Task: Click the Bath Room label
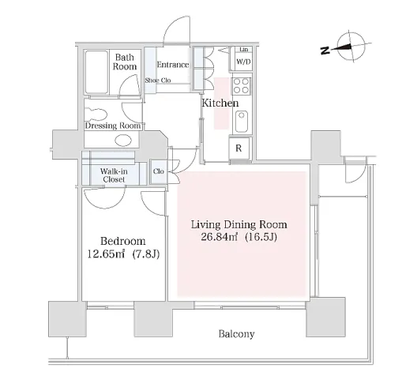[x=125, y=62]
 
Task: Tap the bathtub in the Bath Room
[x=96, y=72]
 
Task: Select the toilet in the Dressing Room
[x=96, y=115]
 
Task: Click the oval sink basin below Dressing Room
[x=123, y=140]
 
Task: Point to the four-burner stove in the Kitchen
[x=241, y=85]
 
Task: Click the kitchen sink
[x=242, y=122]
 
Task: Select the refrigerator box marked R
[x=239, y=148]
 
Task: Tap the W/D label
[x=243, y=62]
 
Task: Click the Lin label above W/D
[x=244, y=50]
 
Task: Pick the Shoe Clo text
[x=158, y=81]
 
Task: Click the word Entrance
[x=173, y=65]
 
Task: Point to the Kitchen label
[x=220, y=103]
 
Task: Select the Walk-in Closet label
[x=114, y=175]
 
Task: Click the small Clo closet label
[x=159, y=171]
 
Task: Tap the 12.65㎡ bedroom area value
[x=106, y=254]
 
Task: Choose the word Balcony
[x=236, y=334]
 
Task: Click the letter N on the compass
[x=325, y=51]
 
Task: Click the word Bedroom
[x=123, y=241]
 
